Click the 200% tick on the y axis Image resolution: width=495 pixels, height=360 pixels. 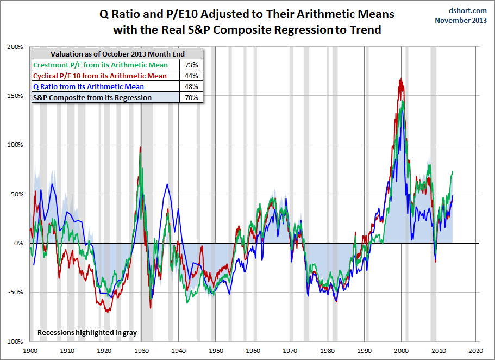(15, 47)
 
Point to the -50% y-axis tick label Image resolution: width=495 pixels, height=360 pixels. (15, 293)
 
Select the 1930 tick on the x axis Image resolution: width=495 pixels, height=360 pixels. (141, 351)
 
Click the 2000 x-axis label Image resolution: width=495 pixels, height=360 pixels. (402, 351)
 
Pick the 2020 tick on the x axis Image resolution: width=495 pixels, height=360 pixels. (476, 351)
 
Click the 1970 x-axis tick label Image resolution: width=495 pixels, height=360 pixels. (290, 351)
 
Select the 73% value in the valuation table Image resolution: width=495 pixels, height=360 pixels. (191, 65)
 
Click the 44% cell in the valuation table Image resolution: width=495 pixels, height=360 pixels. (191, 76)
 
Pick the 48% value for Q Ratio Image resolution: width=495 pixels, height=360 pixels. (191, 86)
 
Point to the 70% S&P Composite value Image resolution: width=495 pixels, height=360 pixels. (191, 97)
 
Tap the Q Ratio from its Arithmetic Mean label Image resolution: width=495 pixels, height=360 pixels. (89, 86)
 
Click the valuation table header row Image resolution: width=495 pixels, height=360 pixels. (117, 54)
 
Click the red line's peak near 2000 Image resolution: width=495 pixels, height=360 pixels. (401, 79)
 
